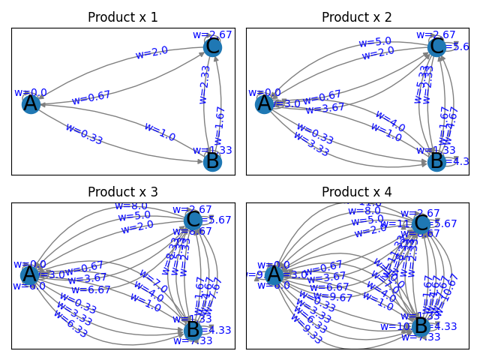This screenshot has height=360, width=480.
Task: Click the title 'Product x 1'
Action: click(123, 17)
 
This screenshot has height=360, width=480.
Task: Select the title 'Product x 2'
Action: click(357, 17)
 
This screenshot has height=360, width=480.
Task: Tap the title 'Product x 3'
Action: click(123, 192)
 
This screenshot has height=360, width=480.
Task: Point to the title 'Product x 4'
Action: click(357, 192)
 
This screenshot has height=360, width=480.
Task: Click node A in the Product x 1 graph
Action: click(31, 103)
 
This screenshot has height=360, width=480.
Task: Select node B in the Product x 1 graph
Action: click(212, 161)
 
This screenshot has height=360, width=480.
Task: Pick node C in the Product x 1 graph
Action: click(212, 46)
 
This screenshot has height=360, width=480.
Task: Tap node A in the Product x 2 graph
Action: click(264, 103)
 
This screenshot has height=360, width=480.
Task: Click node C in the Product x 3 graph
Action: click(193, 219)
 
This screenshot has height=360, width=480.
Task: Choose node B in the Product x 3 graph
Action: click(193, 330)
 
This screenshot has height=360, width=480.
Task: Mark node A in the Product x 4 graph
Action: click(274, 274)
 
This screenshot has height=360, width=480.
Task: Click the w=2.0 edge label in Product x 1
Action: click(151, 53)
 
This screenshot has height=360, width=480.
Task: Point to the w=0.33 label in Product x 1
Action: click(84, 133)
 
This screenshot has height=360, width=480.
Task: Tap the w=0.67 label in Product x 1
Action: click(91, 97)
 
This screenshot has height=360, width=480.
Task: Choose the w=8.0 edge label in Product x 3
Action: click(130, 205)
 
